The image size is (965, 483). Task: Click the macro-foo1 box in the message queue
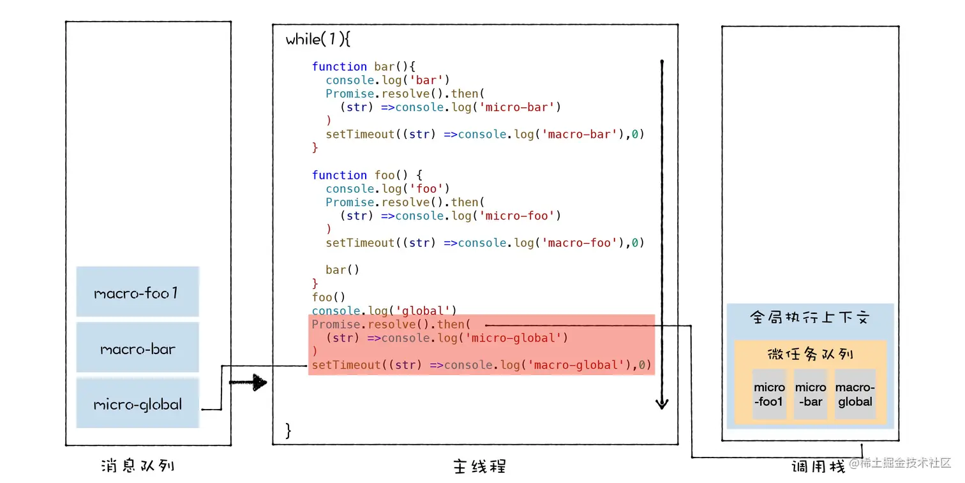(137, 292)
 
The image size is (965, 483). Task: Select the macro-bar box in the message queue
(137, 348)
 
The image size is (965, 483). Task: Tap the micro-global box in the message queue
(137, 404)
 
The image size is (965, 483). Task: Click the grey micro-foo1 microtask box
(769, 394)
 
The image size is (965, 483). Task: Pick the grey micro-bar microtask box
(811, 394)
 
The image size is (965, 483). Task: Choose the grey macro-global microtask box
(855, 394)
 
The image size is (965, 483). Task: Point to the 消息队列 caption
(138, 465)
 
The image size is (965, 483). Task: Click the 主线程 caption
(479, 466)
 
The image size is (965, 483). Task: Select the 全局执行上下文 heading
(809, 318)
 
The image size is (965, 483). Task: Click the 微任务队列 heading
(810, 354)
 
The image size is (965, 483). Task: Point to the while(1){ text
(318, 40)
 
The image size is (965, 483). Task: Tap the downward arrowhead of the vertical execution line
(662, 403)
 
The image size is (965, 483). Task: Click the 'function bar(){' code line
(364, 66)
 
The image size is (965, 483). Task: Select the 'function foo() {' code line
(367, 175)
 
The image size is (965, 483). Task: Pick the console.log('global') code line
(384, 311)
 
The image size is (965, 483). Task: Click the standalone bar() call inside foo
(342, 269)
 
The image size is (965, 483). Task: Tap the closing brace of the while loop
(288, 431)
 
